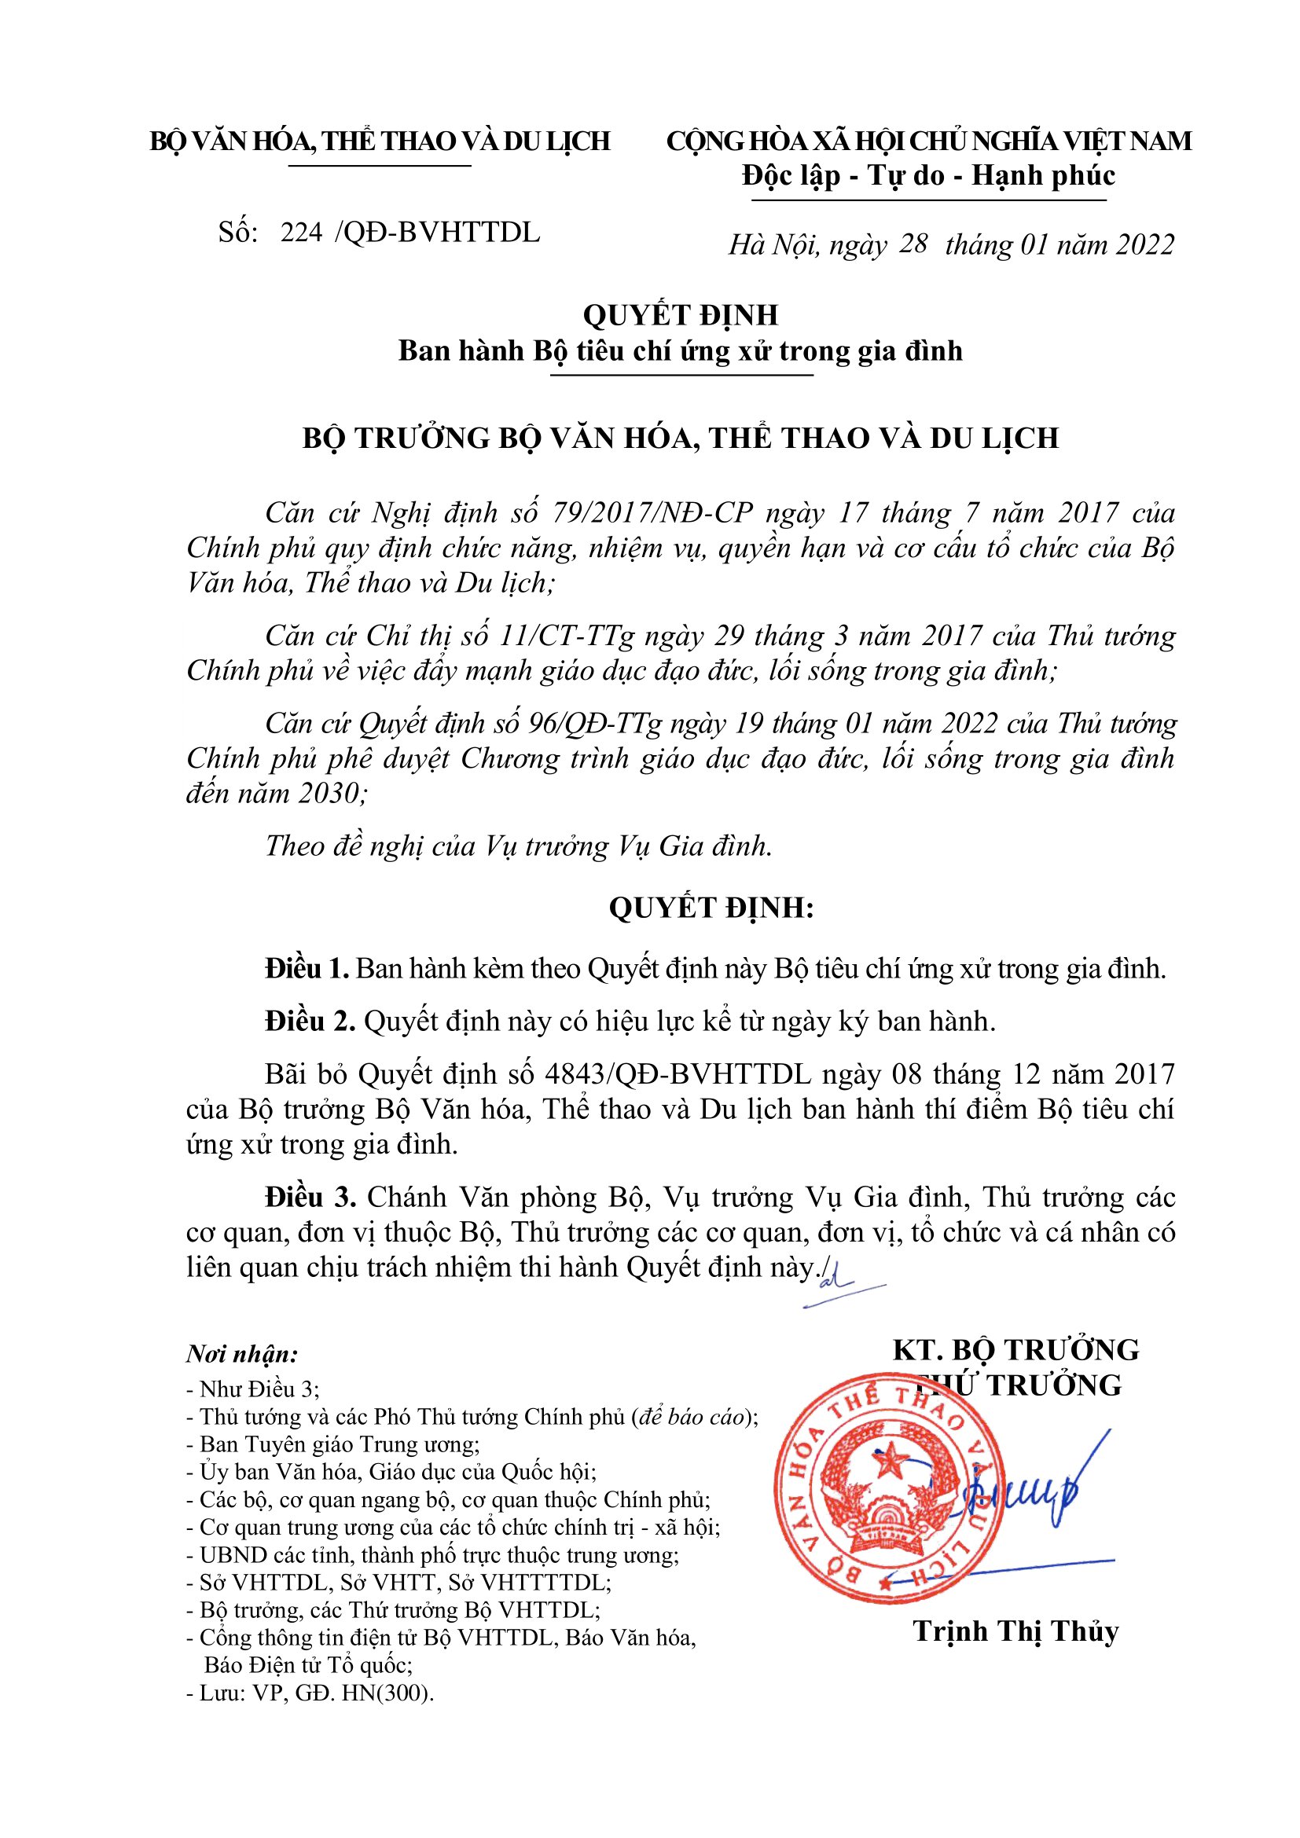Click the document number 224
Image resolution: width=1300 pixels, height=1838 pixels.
coord(301,232)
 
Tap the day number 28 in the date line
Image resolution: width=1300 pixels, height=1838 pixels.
coord(913,244)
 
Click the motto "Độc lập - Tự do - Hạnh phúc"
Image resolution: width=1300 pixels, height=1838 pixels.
coord(928,175)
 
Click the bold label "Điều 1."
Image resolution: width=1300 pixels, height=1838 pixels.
coord(307,969)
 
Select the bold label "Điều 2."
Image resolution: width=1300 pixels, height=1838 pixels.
coord(310,1022)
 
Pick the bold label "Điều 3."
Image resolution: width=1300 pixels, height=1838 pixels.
coord(310,1198)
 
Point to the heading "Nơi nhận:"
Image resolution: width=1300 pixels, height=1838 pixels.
coord(242,1355)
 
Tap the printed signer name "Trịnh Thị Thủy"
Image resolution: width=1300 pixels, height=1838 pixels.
coord(1015,1631)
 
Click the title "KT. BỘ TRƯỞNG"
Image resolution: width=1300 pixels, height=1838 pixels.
coord(1015,1351)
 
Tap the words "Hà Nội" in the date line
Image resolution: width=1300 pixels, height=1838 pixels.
coord(773,245)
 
